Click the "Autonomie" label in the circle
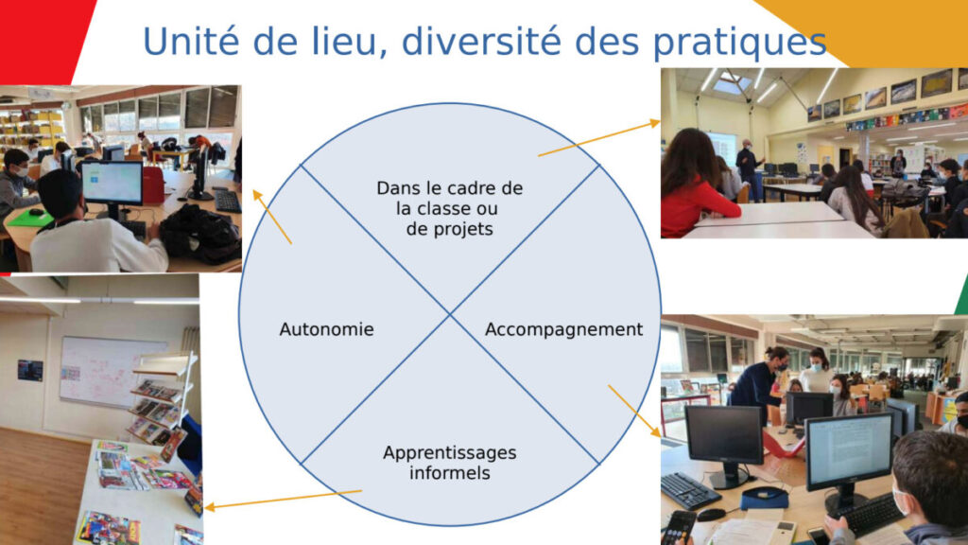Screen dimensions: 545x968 point(326,329)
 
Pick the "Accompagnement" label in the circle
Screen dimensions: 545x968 point(563,329)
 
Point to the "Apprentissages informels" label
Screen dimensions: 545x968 point(450,462)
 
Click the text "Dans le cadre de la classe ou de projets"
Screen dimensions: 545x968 point(449,208)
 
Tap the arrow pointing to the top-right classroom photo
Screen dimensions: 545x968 point(598,138)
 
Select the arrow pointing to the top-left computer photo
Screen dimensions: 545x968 point(271,216)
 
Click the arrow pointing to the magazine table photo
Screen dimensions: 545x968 point(284,499)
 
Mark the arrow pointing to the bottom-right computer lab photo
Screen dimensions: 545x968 point(634,409)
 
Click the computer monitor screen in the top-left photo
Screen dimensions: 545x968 point(112,182)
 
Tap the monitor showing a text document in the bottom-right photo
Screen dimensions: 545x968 point(848,449)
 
